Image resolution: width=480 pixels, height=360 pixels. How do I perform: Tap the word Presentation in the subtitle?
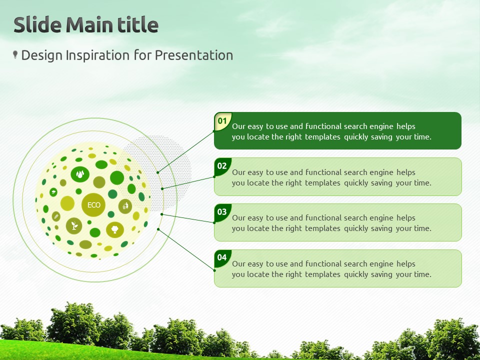[x=194, y=55]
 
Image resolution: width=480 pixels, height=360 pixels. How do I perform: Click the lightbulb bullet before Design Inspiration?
[x=15, y=55]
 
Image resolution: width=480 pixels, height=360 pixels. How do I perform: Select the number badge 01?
[x=222, y=121]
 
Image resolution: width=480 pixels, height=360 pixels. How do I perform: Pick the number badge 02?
[x=222, y=166]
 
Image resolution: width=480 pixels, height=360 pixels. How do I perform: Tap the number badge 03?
[x=222, y=212]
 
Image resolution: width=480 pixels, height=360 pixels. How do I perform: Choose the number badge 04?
[x=222, y=258]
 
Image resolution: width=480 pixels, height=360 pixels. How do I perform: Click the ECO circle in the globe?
[x=93, y=205]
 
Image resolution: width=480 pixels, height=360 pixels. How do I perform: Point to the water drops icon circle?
[x=80, y=174]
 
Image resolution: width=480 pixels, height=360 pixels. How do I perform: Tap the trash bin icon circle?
[x=125, y=206]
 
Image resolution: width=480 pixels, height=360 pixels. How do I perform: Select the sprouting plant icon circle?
[x=74, y=226]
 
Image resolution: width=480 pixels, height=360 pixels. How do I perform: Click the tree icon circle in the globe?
[x=115, y=229]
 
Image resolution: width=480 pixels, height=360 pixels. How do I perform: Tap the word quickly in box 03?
[x=356, y=228]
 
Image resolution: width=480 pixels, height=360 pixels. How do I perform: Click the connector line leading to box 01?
[x=186, y=152]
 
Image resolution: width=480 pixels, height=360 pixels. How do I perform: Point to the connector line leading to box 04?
[x=186, y=250]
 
